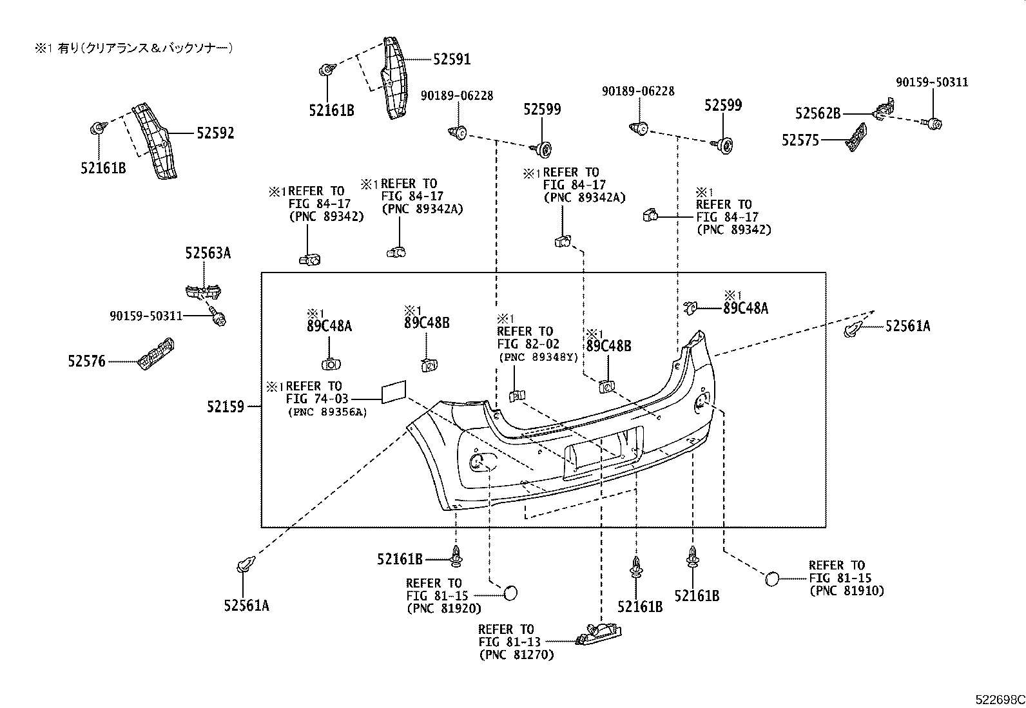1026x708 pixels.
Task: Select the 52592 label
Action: (215, 133)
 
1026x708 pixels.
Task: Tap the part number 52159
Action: (226, 407)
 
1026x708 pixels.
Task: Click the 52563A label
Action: (208, 253)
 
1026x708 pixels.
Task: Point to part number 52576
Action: (86, 362)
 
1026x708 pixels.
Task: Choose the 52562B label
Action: (818, 113)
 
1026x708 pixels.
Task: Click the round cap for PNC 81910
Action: (772, 578)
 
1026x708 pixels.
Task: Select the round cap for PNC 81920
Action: (510, 592)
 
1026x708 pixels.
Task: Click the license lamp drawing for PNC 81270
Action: (597, 634)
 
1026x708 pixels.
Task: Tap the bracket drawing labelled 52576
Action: (157, 354)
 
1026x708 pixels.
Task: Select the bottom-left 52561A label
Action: (246, 606)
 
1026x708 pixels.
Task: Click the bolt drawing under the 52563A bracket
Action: (217, 316)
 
